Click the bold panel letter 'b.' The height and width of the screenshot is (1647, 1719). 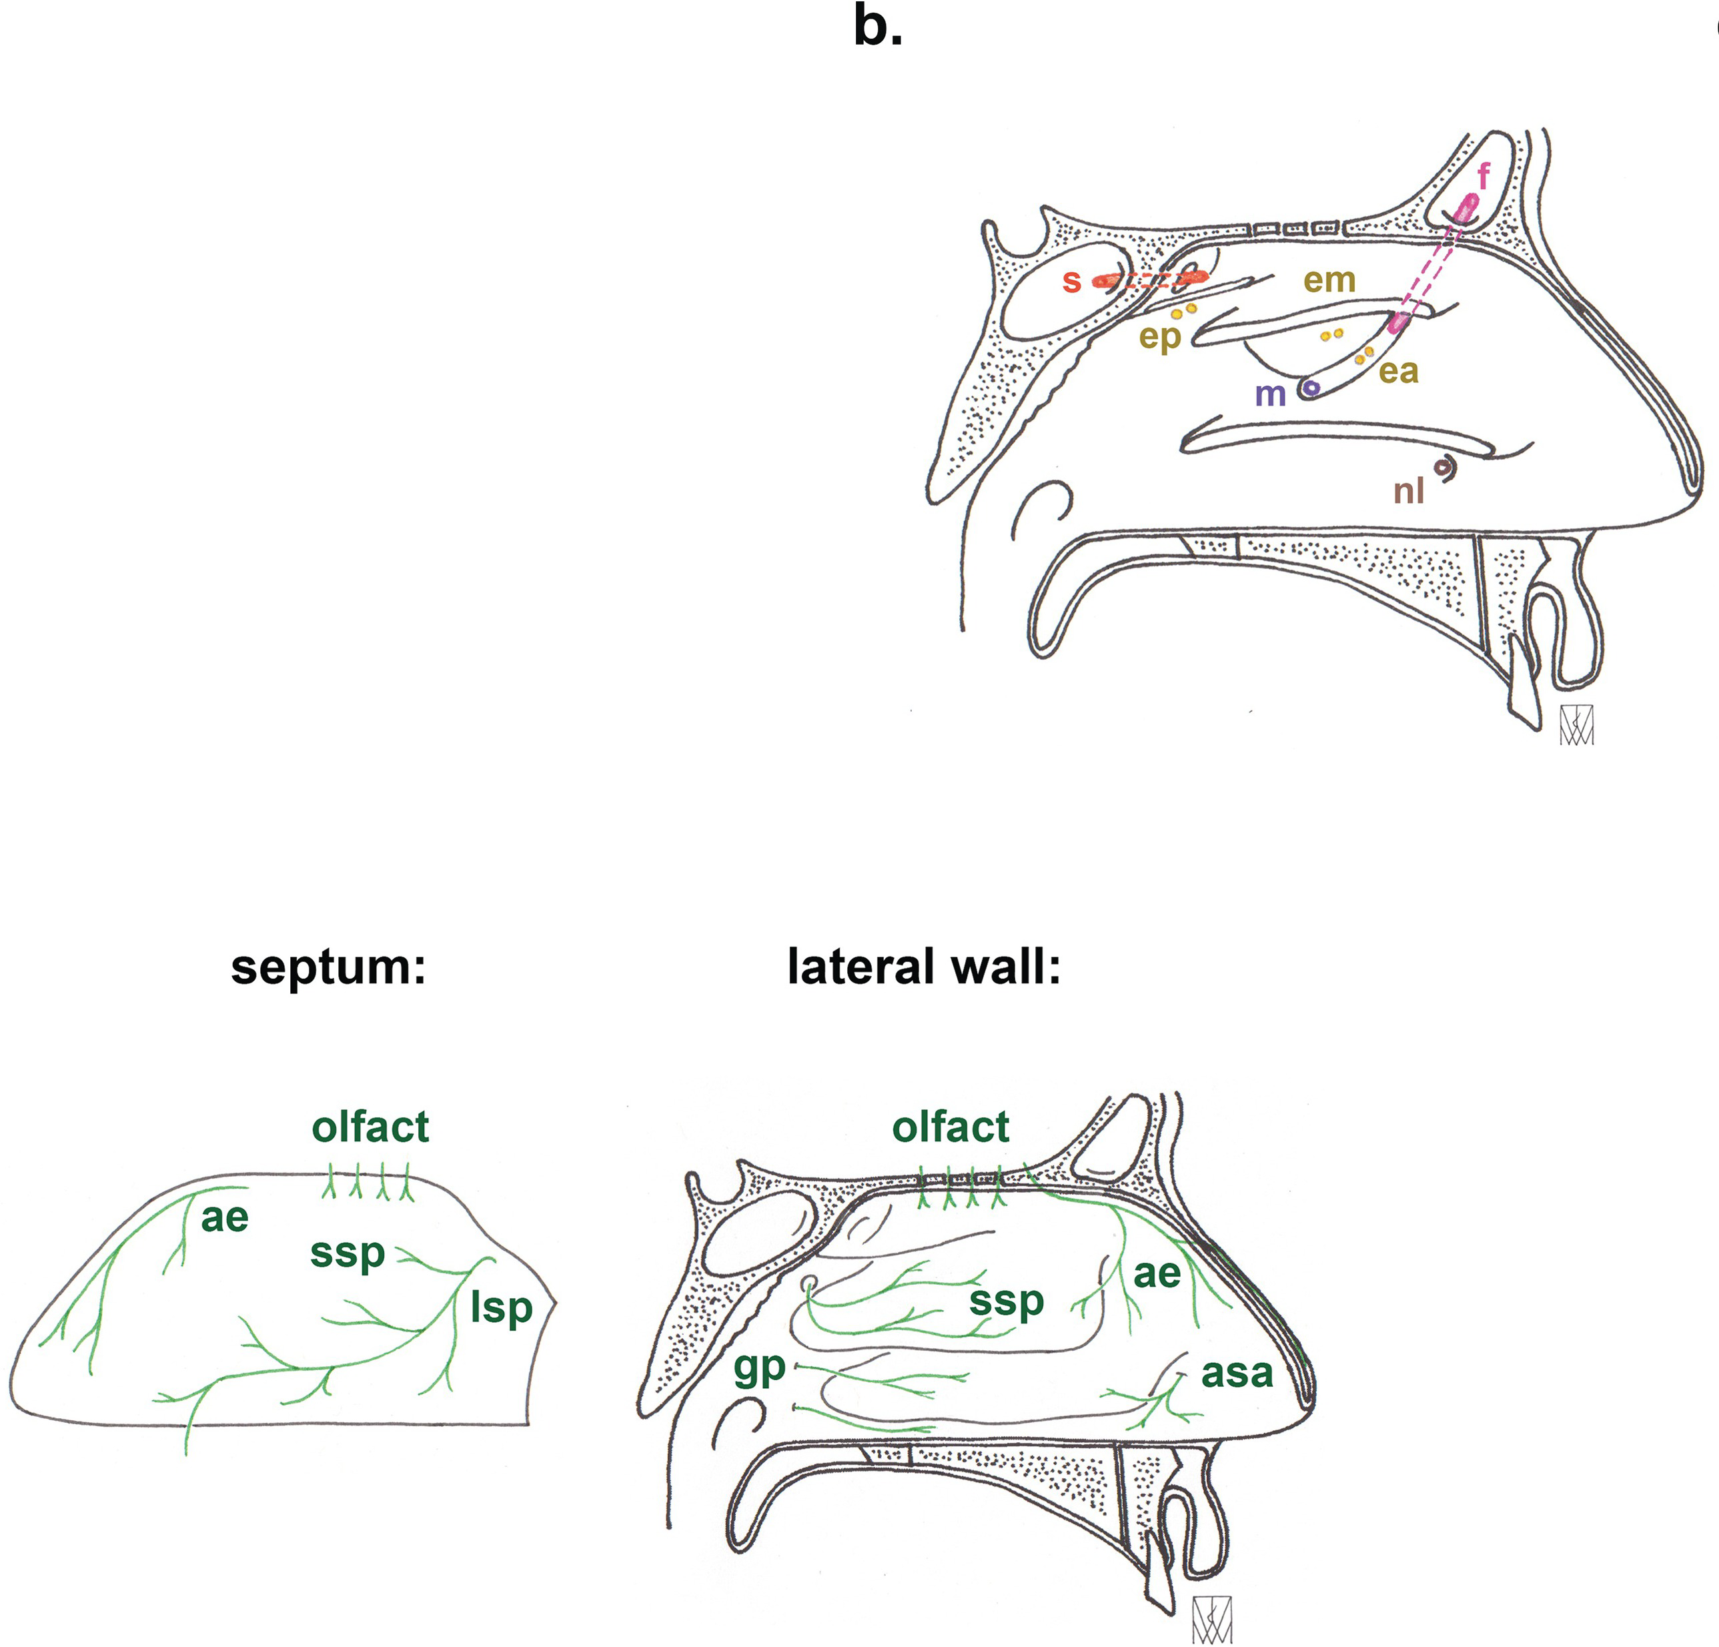coord(877,28)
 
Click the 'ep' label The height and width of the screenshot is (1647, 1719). coord(1159,338)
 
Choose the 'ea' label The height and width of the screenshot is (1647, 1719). coord(1398,371)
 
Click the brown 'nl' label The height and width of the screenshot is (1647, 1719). coord(1409,490)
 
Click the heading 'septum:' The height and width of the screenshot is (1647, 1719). coord(328,967)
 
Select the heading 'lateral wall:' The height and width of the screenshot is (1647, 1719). coord(923,967)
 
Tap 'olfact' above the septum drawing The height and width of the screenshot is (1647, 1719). coord(370,1127)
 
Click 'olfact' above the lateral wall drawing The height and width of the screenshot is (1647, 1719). coord(950,1127)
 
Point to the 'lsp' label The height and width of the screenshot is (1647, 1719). coord(501,1309)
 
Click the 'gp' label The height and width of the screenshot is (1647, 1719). coord(760,1369)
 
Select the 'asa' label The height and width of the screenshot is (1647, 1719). coord(1237,1373)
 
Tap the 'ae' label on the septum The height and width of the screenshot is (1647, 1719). coord(225,1217)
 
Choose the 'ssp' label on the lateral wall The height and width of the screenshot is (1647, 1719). coord(1006,1302)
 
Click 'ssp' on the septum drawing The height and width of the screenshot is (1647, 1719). coord(348,1254)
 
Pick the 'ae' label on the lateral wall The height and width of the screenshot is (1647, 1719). coord(1157,1273)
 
